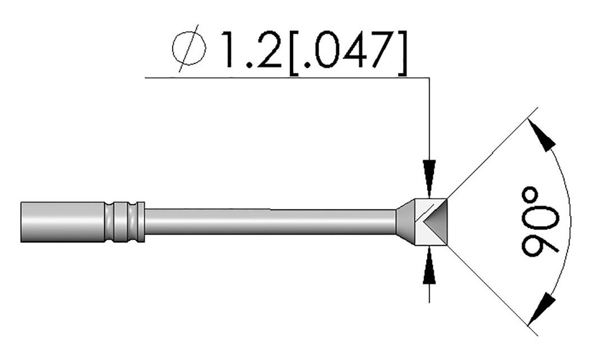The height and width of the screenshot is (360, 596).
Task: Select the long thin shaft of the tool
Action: (x=268, y=222)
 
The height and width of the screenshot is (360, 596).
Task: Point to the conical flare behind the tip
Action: (x=406, y=222)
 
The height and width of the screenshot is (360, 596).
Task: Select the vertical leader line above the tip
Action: (x=429, y=116)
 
